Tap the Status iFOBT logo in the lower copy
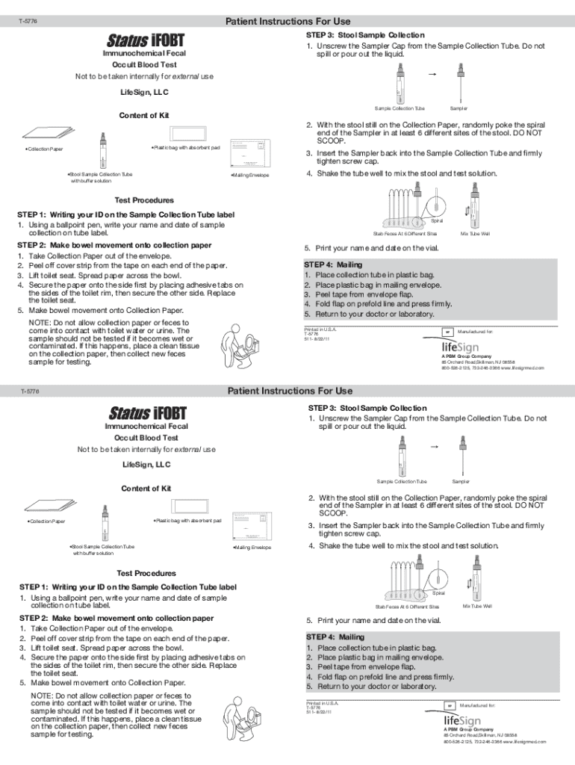tap(147, 412)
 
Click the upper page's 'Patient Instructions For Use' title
tap(287, 21)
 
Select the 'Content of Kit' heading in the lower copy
tap(146, 488)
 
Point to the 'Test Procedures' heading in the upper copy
tap(143, 200)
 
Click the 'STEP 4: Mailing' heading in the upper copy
tap(333, 264)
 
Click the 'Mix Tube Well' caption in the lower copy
tap(477, 606)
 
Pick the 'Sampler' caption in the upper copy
tap(459, 108)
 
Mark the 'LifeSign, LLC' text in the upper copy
tap(145, 93)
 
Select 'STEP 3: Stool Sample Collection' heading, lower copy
tap(367, 408)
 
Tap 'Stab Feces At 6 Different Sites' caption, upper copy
tap(400, 234)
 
